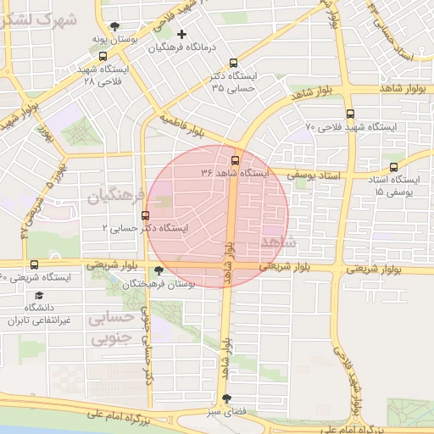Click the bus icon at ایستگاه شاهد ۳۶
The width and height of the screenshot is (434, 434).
[236, 159]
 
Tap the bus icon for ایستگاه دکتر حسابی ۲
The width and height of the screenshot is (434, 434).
[146, 215]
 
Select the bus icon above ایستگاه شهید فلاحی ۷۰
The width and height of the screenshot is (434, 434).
[350, 114]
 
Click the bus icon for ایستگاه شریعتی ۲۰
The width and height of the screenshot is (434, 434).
[34, 264]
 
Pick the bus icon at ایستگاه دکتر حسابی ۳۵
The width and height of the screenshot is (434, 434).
[234, 62]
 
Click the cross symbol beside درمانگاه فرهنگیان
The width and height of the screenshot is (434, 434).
[181, 34]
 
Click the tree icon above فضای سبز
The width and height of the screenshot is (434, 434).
[225, 398]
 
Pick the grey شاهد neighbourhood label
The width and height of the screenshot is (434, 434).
[279, 243]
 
